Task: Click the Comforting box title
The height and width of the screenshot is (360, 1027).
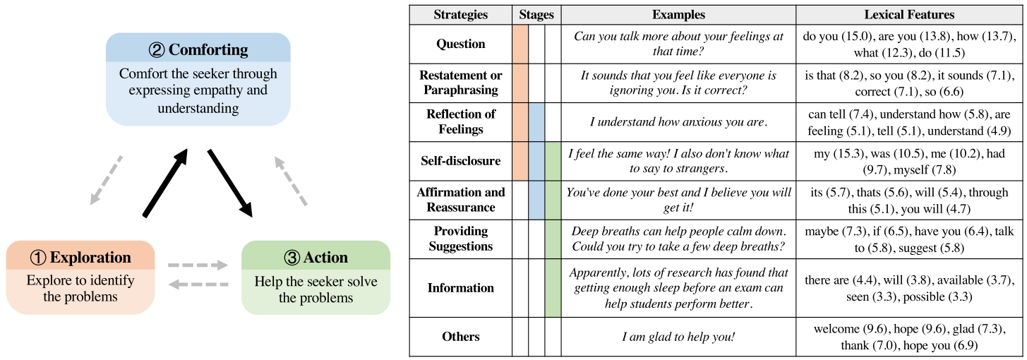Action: (198, 49)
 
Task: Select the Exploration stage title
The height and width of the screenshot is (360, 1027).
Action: (80, 257)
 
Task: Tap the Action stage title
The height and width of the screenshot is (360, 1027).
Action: (316, 257)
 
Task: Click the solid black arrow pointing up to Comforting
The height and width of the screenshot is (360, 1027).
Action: (166, 181)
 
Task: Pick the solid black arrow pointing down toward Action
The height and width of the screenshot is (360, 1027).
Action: (230, 181)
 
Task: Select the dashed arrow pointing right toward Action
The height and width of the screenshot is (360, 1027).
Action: (198, 266)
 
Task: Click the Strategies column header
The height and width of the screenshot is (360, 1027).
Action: (460, 14)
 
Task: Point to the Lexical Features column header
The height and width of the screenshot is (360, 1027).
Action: (909, 14)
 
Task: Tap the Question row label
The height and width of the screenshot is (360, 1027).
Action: (460, 44)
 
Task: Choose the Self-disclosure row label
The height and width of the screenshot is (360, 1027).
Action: (460, 161)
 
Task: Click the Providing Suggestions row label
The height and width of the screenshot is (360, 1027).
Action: (460, 239)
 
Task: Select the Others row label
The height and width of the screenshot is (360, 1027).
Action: (460, 337)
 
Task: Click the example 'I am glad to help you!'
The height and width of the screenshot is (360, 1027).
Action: (678, 337)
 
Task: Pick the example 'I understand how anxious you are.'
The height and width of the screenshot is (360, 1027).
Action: (678, 122)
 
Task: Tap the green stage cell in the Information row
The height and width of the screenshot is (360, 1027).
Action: (553, 288)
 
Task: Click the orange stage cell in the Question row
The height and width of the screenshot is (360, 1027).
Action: (520, 44)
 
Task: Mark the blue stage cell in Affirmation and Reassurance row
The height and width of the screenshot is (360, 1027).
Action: (536, 200)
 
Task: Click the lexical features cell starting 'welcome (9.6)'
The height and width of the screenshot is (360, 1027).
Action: (909, 337)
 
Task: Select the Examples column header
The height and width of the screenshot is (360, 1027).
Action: (678, 14)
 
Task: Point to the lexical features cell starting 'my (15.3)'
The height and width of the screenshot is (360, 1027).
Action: (909, 161)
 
